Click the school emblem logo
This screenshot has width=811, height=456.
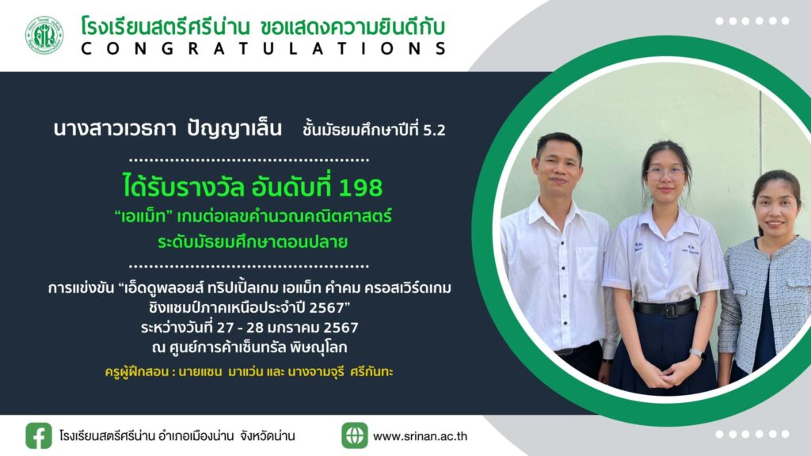(x=44, y=35)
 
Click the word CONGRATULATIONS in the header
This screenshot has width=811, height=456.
(x=264, y=48)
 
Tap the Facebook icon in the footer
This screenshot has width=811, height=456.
(x=39, y=435)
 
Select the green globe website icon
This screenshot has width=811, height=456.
(x=354, y=435)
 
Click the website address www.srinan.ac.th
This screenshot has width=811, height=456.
(x=420, y=436)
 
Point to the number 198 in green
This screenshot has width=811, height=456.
(x=360, y=187)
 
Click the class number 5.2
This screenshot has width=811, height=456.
(x=434, y=131)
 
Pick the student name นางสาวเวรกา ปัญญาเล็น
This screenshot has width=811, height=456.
(x=168, y=129)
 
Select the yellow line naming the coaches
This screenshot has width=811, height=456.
(x=249, y=372)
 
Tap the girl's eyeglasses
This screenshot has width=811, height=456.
(x=665, y=173)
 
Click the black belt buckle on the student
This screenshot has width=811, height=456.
(x=671, y=310)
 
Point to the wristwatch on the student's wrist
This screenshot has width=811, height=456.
(x=697, y=354)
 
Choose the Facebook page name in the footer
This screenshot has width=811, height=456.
(x=177, y=436)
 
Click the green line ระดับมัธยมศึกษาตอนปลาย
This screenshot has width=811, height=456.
(x=253, y=242)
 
